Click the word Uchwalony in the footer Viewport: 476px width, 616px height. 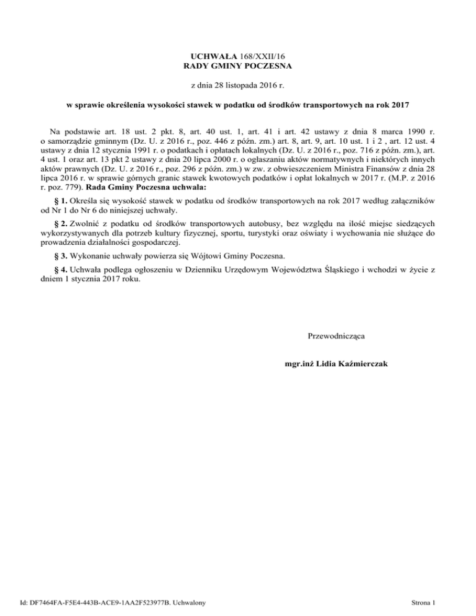click(190, 601)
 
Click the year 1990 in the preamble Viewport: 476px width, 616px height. click(412, 132)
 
